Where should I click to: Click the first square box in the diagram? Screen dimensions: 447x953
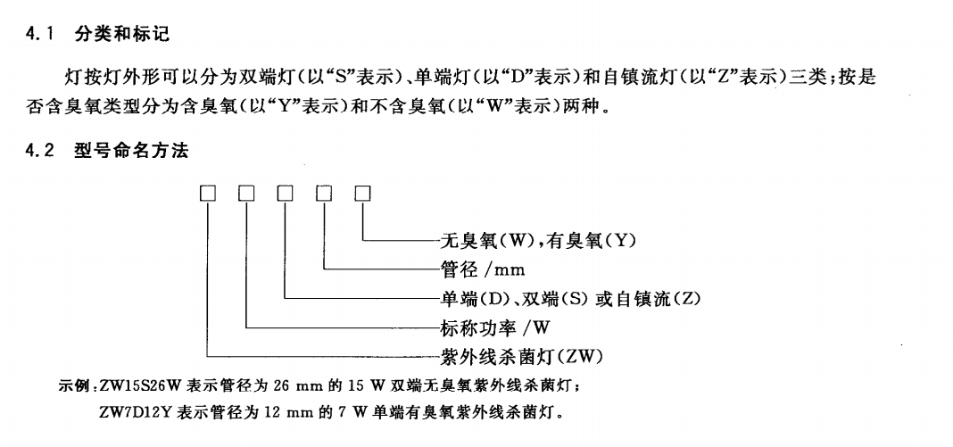(208, 193)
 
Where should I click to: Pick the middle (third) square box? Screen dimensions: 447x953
(286, 193)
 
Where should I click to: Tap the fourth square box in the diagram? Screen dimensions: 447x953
(324, 193)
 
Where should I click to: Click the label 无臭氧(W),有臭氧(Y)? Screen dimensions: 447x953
(538, 240)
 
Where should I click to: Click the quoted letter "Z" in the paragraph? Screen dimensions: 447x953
(702, 79)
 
